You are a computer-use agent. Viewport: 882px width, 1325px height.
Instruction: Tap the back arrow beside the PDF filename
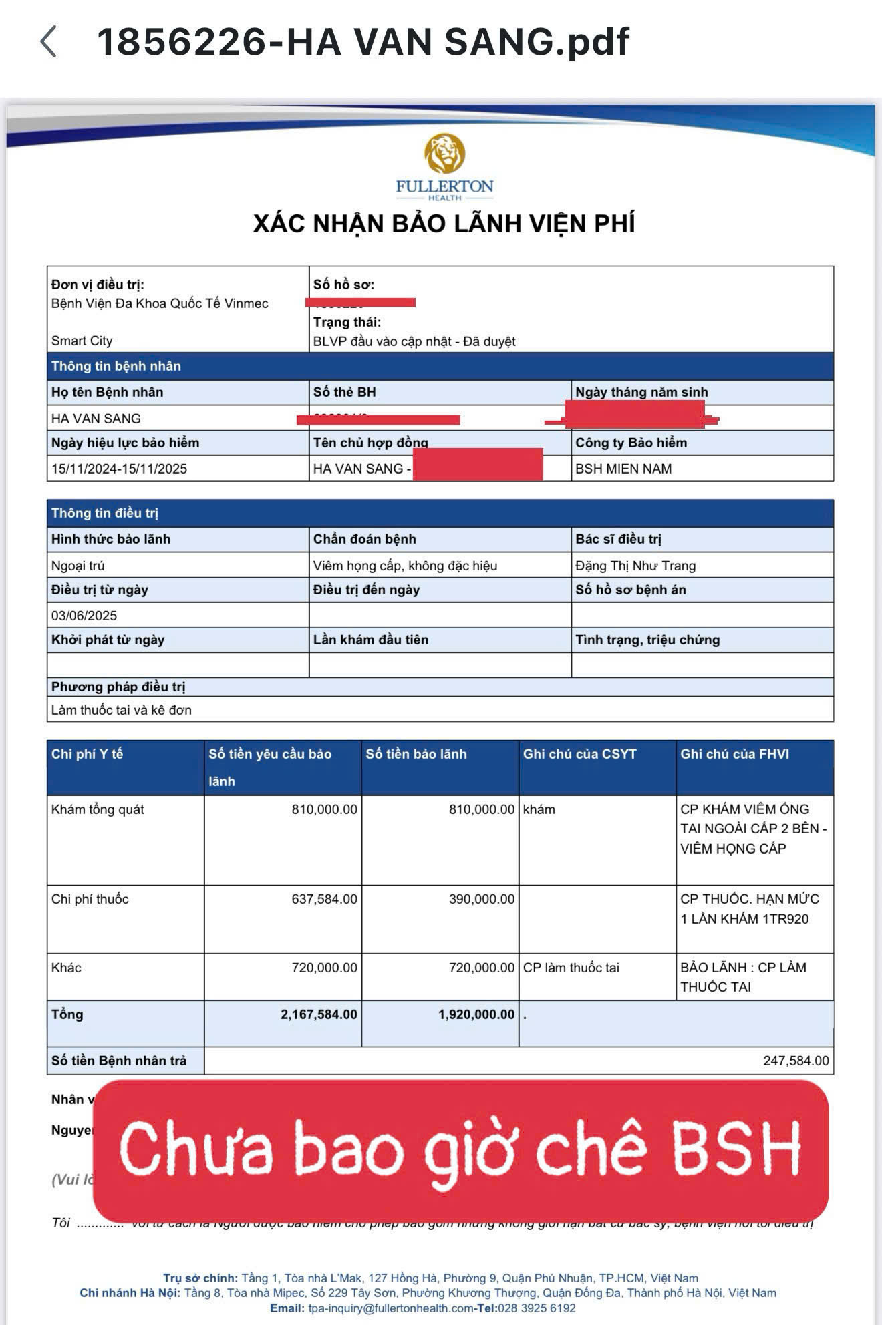48,42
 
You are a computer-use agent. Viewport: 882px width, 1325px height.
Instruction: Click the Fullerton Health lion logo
444,154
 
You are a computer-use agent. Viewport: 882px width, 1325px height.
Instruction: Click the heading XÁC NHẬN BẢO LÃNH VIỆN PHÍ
444,224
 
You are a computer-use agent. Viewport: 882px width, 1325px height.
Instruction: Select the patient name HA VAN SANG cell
96,419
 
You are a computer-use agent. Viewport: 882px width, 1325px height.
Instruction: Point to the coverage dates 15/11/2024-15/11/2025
119,469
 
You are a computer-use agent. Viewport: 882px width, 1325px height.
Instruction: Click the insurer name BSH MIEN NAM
623,469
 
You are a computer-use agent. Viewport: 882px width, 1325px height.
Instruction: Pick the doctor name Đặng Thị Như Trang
635,566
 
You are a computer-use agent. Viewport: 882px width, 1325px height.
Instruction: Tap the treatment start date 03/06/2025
84,616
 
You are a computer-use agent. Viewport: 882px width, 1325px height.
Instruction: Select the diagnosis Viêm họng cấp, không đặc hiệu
405,566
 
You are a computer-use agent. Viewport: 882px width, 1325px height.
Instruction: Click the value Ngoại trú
78,566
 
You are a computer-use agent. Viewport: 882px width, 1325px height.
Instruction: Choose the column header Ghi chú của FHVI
734,754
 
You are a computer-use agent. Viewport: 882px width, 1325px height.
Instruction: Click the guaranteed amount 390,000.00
482,899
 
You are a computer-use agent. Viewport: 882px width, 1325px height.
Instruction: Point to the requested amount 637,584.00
324,899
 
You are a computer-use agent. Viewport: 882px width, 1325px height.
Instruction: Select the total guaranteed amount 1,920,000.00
476,1014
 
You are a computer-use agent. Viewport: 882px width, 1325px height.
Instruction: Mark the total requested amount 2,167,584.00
319,1014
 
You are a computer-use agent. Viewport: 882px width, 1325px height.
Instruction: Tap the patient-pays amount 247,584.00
796,1061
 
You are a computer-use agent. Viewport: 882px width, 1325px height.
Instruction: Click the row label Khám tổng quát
98,809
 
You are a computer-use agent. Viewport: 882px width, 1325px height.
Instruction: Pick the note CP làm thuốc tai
571,968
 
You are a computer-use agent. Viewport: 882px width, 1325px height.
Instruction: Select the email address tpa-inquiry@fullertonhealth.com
391,1308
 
